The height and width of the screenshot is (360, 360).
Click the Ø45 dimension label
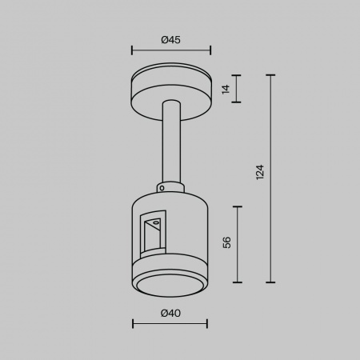tap(171, 40)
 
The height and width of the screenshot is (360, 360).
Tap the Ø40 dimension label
tap(170, 313)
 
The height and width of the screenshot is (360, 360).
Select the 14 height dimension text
tap(226, 89)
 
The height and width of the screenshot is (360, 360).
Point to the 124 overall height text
tap(260, 172)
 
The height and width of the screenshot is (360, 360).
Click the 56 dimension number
tap(226, 242)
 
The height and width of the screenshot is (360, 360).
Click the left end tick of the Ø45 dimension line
tap(132, 50)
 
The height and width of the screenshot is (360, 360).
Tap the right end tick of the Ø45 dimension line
tap(210, 50)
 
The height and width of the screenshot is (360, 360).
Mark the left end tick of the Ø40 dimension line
tap(133, 324)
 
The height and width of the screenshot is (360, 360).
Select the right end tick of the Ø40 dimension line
tap(207, 324)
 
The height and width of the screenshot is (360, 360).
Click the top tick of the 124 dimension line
tap(270, 75)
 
